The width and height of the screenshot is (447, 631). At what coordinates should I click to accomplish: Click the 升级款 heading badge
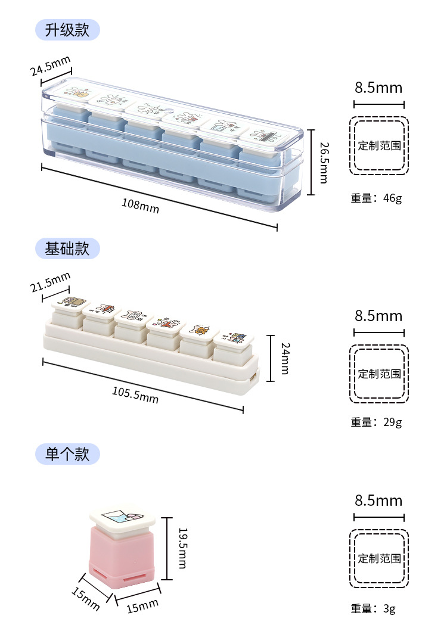(x=67, y=30)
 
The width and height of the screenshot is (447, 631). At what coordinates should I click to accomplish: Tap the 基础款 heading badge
(x=67, y=248)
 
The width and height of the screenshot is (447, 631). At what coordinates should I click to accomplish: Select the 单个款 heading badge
(x=67, y=455)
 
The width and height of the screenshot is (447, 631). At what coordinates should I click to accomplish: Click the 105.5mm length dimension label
(x=135, y=394)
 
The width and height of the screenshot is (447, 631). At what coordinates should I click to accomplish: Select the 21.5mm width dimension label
(x=51, y=282)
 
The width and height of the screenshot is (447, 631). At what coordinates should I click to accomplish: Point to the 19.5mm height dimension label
(x=183, y=549)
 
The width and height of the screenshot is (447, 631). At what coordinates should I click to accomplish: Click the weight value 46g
(x=393, y=198)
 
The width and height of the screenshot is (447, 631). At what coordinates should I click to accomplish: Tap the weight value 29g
(x=393, y=422)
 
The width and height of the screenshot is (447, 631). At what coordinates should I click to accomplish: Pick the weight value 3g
(x=389, y=608)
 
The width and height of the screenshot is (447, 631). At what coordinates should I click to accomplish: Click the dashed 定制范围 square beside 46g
(x=379, y=145)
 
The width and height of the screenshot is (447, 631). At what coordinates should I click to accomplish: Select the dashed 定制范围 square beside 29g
(x=379, y=374)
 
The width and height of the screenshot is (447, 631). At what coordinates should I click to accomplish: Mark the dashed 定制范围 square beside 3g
(x=379, y=558)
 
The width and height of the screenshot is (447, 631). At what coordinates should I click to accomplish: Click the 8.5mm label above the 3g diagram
(x=378, y=500)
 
